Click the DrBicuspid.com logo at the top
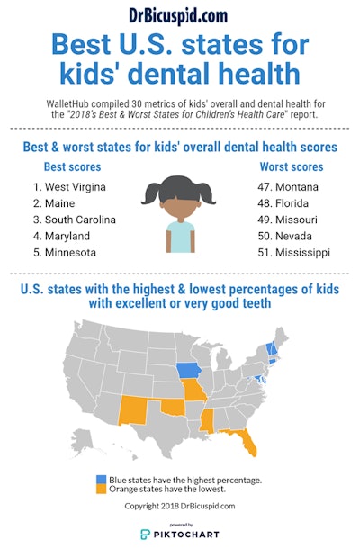click(x=180, y=15)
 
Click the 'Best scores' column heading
click(x=71, y=166)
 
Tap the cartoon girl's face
click(x=180, y=209)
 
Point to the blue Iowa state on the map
click(x=188, y=372)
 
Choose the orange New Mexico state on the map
click(x=119, y=410)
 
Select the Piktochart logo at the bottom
click(x=180, y=534)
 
